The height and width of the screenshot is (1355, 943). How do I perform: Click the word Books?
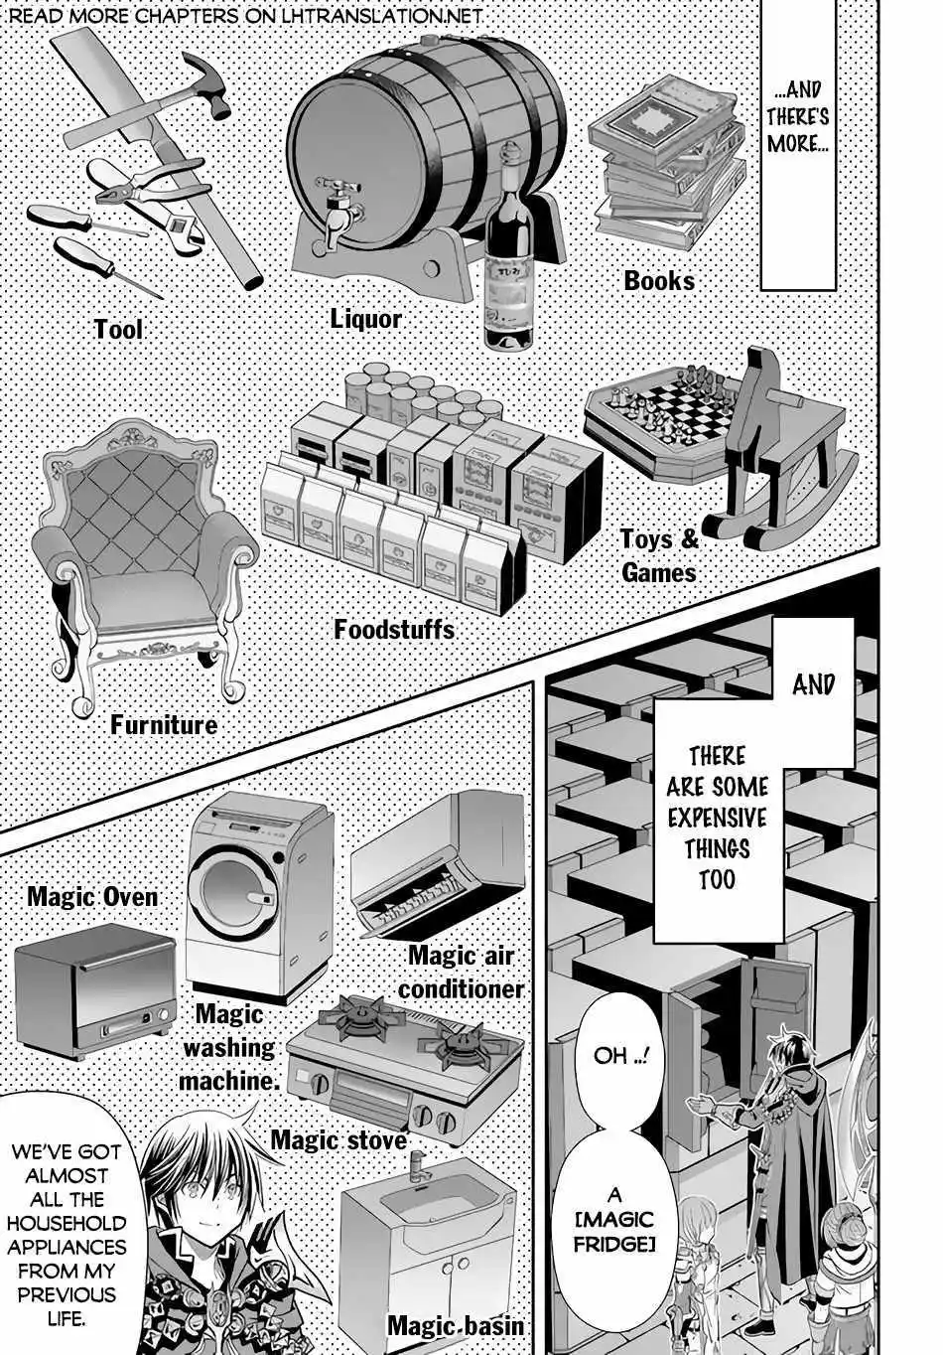pos(659,281)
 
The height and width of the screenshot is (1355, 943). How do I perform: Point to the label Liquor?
pos(366,319)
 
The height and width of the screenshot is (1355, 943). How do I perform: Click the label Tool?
pos(118,329)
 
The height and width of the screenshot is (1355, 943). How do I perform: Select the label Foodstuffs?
pos(394,630)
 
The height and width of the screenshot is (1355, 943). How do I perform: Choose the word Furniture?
pos(164,725)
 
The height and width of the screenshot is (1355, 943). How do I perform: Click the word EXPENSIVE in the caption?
pos(717,819)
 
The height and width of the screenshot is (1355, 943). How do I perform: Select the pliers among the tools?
pos(139,183)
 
